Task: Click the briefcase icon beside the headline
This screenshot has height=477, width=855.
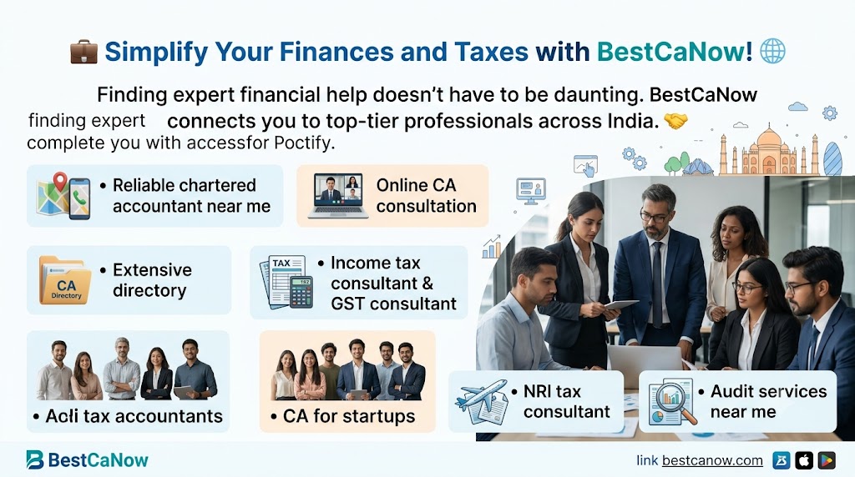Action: click(84, 52)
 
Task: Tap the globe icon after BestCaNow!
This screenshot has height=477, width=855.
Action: click(772, 51)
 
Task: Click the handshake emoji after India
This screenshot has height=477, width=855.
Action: click(675, 121)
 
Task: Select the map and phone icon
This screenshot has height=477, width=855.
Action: click(63, 196)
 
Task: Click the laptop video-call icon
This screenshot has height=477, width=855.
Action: click(338, 196)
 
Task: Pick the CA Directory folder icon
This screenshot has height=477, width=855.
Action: click(65, 280)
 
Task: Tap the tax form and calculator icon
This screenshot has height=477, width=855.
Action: click(286, 282)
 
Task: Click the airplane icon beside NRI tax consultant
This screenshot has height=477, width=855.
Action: click(483, 402)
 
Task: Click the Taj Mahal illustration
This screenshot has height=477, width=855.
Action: click(769, 150)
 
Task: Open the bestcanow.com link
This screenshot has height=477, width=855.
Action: click(712, 460)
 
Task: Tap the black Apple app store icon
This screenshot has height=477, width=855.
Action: click(804, 460)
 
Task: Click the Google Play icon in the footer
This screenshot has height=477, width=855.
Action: click(827, 460)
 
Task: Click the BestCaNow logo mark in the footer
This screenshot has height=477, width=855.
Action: click(34, 459)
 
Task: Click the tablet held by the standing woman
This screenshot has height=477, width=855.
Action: click(621, 304)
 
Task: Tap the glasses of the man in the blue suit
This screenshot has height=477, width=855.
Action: click(654, 217)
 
